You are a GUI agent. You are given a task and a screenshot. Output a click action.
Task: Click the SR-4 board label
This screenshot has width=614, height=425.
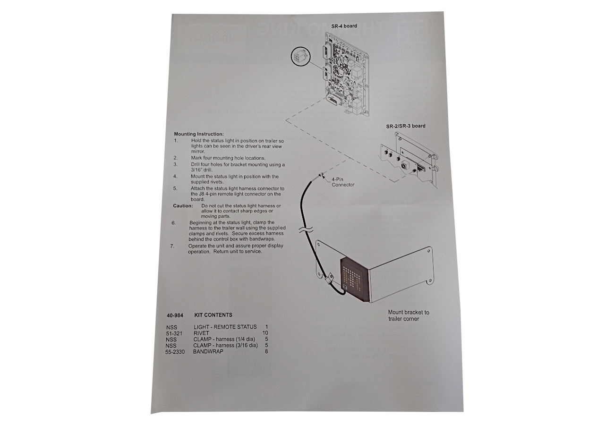[344, 26]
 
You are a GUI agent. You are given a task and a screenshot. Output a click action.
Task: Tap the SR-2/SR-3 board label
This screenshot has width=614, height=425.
[406, 126]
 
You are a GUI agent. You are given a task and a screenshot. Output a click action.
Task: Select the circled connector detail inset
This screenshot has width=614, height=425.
[300, 57]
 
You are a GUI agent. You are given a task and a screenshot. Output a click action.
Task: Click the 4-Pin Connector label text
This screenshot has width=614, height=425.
[343, 182]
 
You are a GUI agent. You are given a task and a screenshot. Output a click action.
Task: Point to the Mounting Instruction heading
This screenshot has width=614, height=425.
[199, 134]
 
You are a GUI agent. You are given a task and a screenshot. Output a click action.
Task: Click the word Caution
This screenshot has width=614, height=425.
[183, 206]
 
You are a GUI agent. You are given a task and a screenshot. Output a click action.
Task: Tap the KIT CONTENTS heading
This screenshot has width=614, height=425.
[213, 315]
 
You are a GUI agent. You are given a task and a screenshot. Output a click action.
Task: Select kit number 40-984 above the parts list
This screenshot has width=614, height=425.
[175, 315]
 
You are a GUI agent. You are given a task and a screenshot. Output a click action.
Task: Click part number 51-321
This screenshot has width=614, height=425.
[174, 333]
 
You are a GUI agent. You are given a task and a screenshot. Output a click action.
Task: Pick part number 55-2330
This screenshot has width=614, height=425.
[175, 351]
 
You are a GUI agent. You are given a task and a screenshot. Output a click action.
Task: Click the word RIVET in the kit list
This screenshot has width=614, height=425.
[201, 333]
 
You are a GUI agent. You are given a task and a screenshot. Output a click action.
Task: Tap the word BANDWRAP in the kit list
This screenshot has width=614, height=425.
[208, 351]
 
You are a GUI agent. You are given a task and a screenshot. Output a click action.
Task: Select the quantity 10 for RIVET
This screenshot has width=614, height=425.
[265, 333]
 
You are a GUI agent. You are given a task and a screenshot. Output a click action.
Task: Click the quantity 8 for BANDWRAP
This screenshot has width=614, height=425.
[266, 351]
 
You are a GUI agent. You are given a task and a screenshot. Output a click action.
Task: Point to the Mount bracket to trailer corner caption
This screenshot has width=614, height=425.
[409, 315]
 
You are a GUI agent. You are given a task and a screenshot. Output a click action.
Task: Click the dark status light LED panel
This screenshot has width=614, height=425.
[355, 280]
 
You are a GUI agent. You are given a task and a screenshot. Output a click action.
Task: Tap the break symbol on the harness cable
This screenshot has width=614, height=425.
[306, 230]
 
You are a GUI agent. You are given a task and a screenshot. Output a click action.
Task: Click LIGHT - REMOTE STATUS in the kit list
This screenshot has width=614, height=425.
[225, 327]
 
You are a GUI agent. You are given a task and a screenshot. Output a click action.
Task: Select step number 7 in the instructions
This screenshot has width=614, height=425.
[172, 246]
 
